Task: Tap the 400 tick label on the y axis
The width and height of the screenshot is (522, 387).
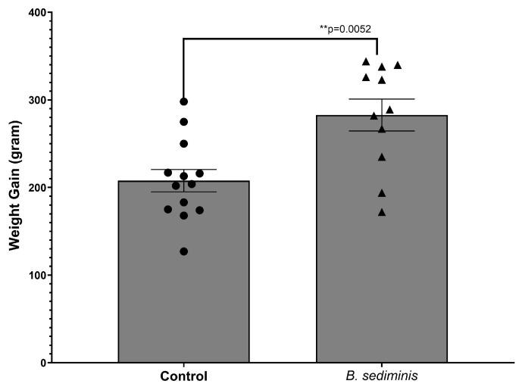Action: pos(35,13)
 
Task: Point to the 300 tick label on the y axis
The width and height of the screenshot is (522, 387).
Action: pos(35,100)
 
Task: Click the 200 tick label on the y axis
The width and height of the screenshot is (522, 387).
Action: pos(35,188)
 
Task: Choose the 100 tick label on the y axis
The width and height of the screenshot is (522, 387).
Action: pos(35,275)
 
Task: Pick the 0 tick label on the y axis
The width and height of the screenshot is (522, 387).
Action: pos(41,363)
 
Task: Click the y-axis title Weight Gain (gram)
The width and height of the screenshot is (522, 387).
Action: pos(13,187)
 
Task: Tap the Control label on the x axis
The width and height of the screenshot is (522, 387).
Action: pos(183,376)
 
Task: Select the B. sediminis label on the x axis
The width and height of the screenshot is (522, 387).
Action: pos(381,376)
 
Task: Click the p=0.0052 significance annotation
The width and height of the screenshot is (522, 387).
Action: pos(345,30)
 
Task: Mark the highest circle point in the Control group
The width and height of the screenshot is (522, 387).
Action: pos(183,101)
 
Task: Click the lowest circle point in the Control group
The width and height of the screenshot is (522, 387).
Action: pos(183,251)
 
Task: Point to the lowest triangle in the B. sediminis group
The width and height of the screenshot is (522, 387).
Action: pos(382,212)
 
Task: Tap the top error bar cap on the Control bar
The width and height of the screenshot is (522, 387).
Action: pos(183,170)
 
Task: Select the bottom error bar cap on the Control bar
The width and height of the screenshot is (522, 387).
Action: pos(183,192)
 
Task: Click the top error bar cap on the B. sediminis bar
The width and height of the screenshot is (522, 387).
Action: pos(381,99)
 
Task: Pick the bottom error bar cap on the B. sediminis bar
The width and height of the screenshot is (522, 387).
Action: pos(381,131)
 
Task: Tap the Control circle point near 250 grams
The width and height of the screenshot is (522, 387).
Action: pos(183,144)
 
